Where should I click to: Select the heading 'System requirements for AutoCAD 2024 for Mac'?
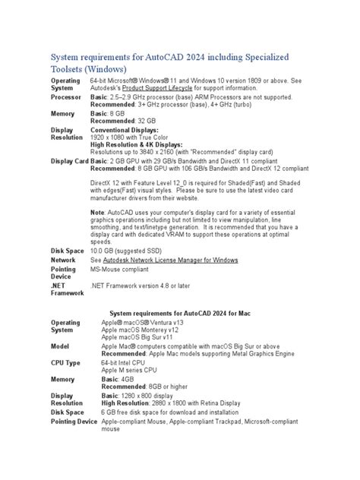pos(180,312)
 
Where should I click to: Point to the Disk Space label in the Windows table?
pos(68,251)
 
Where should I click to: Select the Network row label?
pos(64,260)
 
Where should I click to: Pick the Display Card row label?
pos(69,161)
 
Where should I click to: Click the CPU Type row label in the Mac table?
pos(65,363)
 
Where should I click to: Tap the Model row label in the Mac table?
pos(61,346)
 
